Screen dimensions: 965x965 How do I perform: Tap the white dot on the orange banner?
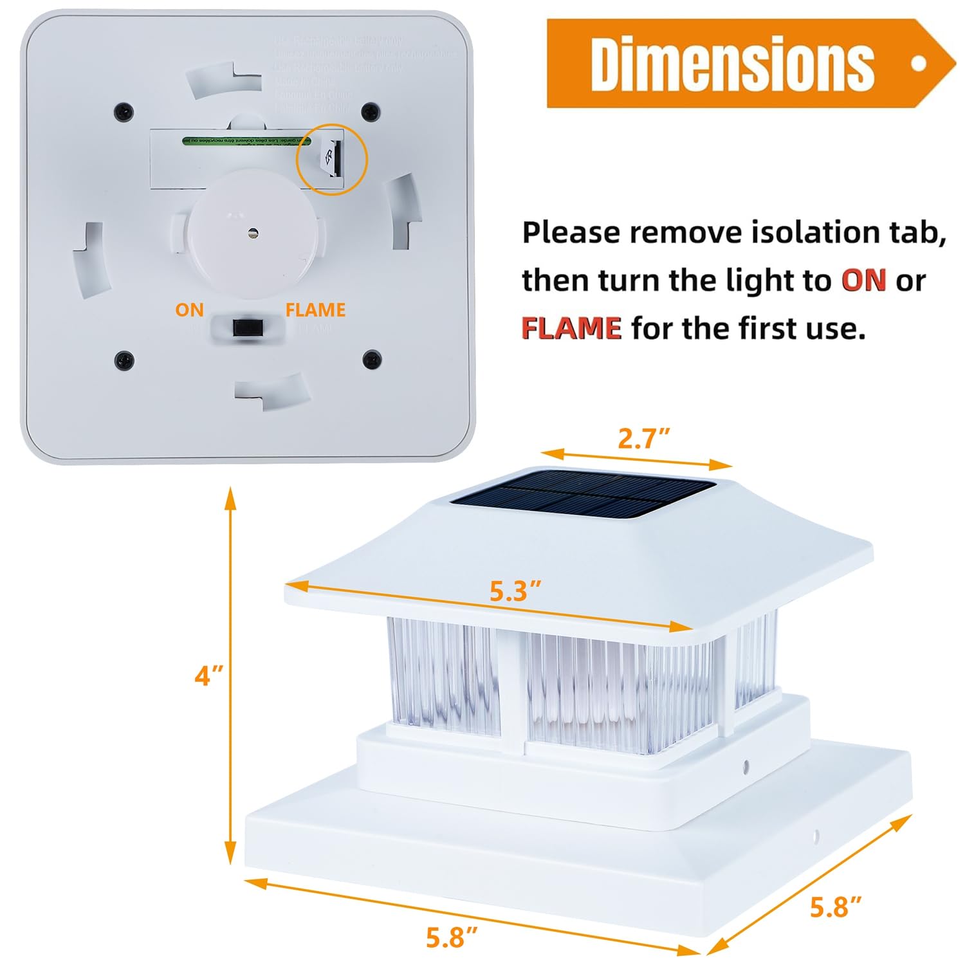(x=919, y=63)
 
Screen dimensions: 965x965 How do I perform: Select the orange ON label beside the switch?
(x=189, y=310)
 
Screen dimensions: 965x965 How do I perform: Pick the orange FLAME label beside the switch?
(x=315, y=310)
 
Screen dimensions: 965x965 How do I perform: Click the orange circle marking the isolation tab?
(x=331, y=158)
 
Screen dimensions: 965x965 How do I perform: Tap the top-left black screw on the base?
(x=122, y=111)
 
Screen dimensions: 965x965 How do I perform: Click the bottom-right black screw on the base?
(x=372, y=359)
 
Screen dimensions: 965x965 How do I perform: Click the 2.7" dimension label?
(x=644, y=439)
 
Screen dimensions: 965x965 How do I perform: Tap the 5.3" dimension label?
(x=515, y=591)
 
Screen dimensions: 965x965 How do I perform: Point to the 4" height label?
(x=209, y=675)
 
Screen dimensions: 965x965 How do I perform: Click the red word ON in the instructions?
(x=863, y=280)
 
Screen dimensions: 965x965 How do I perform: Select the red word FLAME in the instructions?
(x=571, y=328)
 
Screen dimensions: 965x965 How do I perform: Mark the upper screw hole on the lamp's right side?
(x=746, y=766)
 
